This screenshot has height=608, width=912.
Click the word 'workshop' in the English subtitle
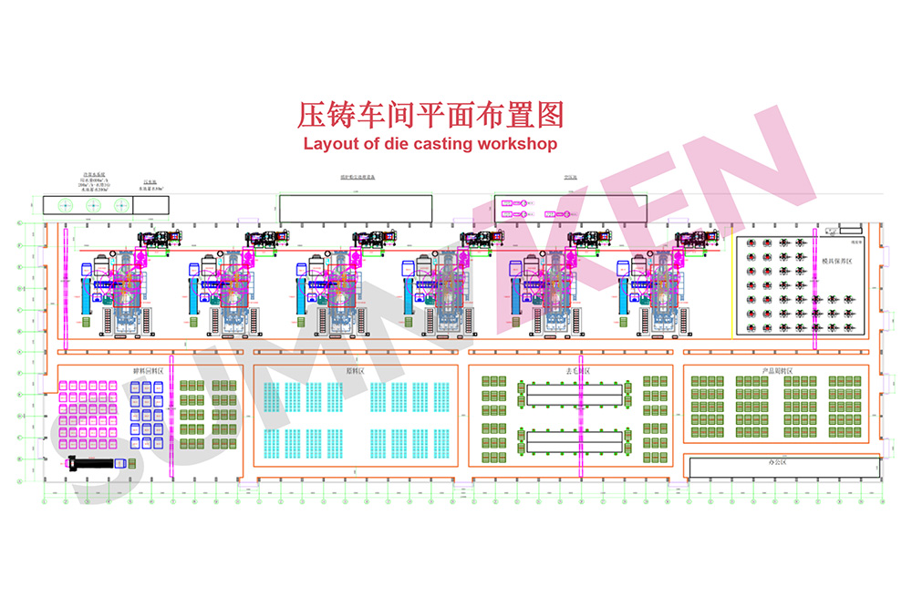(x=514, y=143)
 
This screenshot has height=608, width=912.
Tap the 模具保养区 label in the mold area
(x=835, y=261)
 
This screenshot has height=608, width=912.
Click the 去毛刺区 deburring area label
(x=577, y=371)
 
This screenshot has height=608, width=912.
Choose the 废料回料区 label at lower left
(x=147, y=371)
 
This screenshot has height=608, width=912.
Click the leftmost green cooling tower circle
(x=65, y=205)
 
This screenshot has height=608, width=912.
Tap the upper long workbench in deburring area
(x=574, y=395)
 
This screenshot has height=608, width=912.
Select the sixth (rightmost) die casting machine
(x=664, y=292)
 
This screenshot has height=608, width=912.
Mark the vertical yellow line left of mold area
(x=732, y=287)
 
